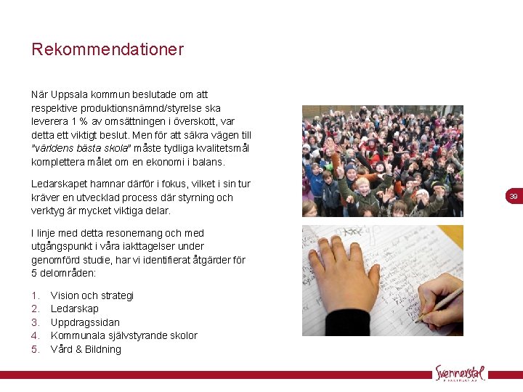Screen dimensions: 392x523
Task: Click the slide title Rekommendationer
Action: tap(108, 50)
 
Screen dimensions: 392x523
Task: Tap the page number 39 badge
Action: tap(514, 197)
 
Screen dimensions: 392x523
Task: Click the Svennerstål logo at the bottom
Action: tap(461, 372)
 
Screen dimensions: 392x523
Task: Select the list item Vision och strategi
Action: tap(92, 295)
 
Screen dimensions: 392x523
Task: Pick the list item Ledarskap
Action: tap(75, 309)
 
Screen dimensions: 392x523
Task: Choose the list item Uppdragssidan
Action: tap(85, 322)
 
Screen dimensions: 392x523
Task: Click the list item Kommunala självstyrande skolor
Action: tap(124, 335)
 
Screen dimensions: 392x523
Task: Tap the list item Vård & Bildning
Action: tap(86, 349)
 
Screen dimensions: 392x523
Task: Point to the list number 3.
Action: tap(35, 322)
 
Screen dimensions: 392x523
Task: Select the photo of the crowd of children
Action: tap(382, 161)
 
